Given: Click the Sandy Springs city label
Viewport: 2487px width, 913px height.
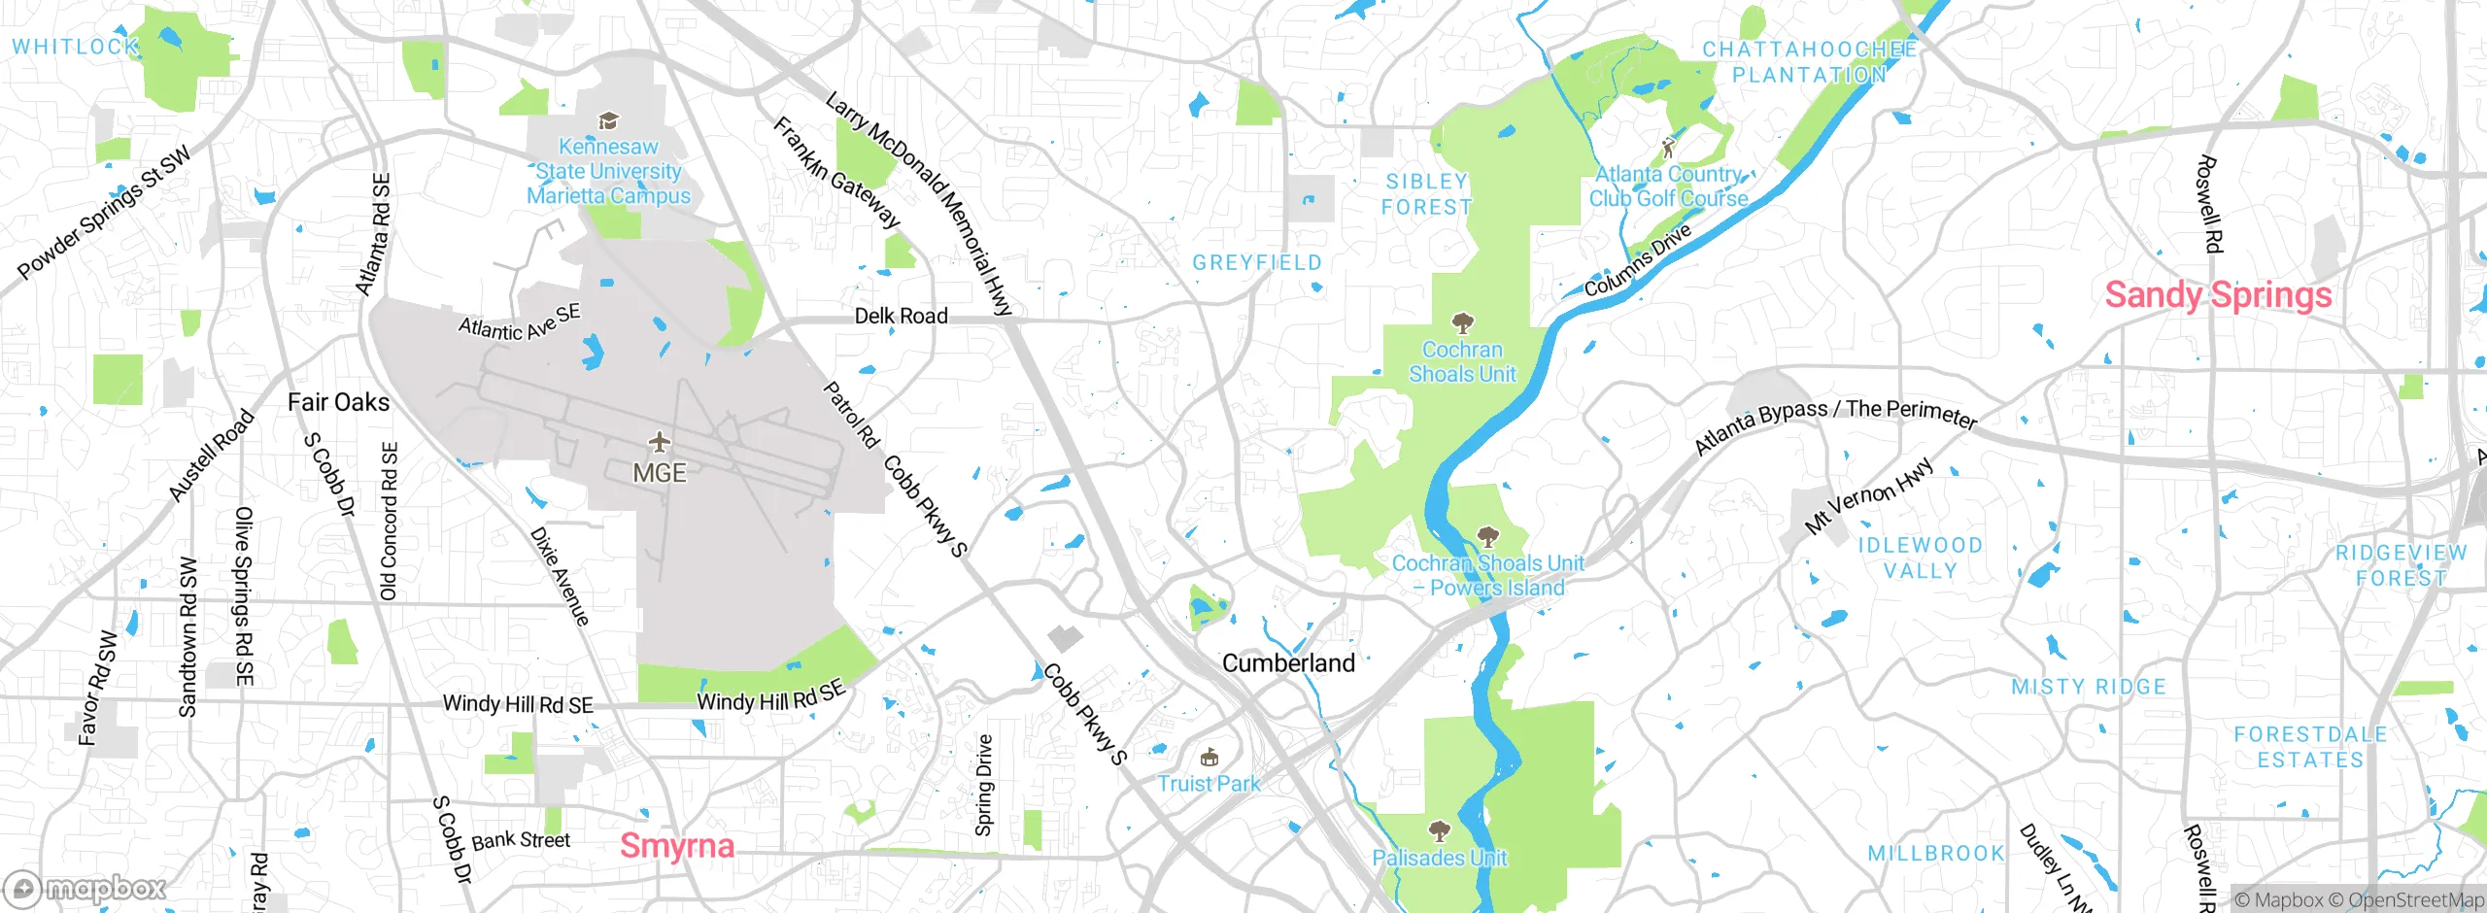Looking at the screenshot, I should coord(2218,294).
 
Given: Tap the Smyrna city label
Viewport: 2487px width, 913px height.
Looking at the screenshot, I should coord(676,846).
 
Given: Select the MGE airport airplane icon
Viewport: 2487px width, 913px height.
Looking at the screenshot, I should coord(660,443).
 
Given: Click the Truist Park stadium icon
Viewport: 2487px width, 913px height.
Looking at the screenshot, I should coord(1209,757).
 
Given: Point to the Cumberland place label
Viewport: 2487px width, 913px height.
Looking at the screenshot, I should coord(1288,663).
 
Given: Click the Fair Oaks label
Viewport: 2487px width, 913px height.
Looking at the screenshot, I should coord(338,402).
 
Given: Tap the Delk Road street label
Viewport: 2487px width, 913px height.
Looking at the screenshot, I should coord(901,316).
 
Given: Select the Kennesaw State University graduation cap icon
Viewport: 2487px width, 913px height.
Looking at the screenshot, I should coord(608,120).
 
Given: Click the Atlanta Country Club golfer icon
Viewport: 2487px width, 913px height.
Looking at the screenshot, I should coord(1668,148).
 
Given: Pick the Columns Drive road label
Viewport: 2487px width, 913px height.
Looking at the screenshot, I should coord(1638,259).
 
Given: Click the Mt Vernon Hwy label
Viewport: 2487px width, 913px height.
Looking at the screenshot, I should coord(1869,495).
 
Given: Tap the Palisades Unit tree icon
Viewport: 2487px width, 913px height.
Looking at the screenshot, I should coord(1439,831).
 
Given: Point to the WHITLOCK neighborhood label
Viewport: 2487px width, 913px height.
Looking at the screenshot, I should coord(75,47).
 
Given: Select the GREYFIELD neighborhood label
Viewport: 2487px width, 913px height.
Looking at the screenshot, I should coord(1257,263).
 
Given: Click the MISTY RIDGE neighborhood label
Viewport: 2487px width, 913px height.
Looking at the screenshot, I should coord(2089,687).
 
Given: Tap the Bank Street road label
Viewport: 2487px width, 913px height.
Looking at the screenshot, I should coord(521,840).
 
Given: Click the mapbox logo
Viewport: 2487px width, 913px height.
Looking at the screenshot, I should coord(85,888).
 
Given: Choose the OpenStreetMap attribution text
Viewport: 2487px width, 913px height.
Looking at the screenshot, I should coord(2415,900).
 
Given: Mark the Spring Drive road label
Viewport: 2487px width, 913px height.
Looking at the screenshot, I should coord(984,785).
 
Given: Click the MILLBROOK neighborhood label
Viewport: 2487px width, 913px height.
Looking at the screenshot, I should coord(1935,853).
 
